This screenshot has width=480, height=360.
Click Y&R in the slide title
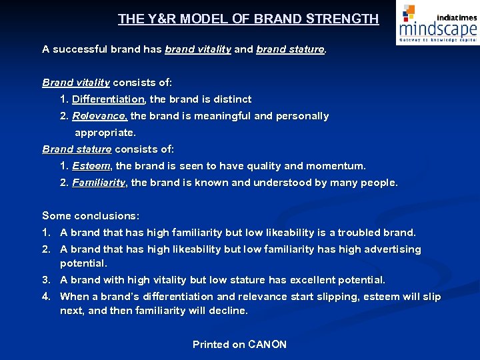tap(159, 19)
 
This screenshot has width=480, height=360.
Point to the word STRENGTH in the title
tap(343, 19)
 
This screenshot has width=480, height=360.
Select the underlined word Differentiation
tap(108, 99)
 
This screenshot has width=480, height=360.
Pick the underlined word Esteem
tap(92, 166)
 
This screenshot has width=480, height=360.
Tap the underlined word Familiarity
tap(99, 183)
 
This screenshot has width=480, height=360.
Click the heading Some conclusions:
tap(91, 216)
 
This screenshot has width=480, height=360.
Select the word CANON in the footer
tap(267, 345)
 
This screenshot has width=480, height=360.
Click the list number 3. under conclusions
tap(46, 280)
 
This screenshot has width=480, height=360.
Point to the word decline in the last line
tap(227, 311)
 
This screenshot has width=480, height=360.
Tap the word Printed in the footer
tap(211, 345)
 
